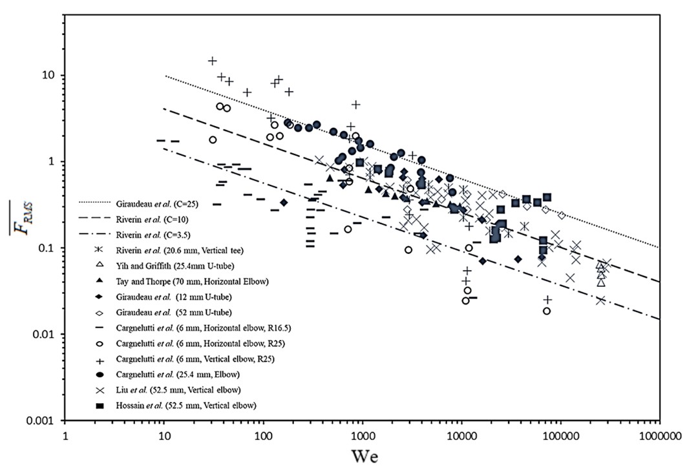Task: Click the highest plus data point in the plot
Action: point(212,61)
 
